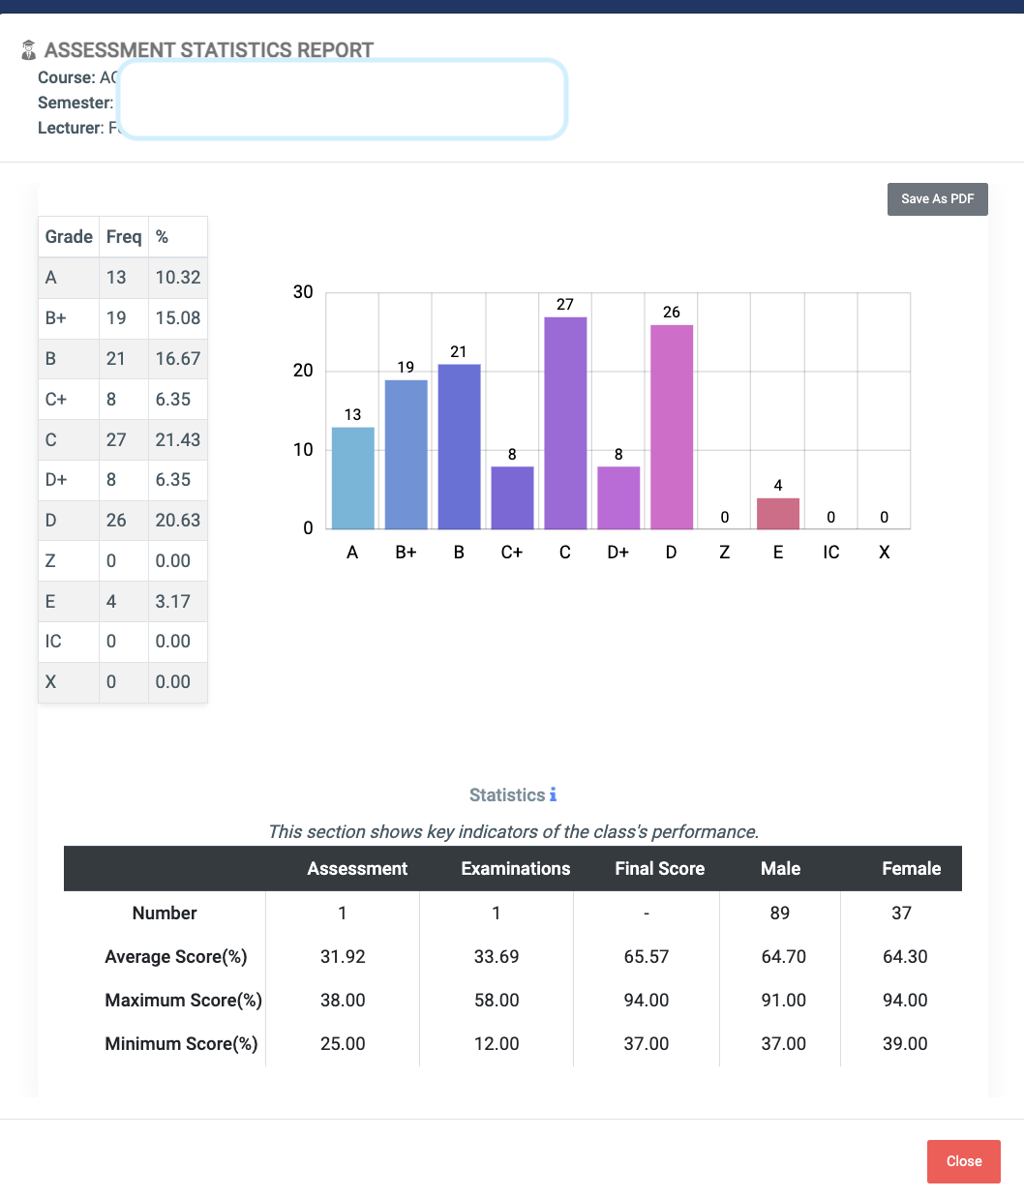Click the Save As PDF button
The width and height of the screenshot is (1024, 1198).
(937, 199)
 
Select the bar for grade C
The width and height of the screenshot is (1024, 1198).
(565, 423)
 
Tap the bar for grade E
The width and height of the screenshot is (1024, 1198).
(777, 514)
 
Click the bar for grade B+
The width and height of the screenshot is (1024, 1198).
(406, 455)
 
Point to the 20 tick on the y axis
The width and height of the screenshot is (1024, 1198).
(303, 371)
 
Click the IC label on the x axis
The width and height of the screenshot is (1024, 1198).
(830, 553)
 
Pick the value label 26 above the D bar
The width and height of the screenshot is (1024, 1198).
(671, 313)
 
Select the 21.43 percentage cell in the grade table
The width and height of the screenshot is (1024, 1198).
(178, 439)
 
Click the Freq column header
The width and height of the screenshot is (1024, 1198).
(124, 237)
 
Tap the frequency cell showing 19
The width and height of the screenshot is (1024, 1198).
(116, 318)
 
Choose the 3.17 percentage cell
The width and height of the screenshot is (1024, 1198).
(173, 601)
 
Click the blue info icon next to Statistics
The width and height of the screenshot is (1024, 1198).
(553, 794)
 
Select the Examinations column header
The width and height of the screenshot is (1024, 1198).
(515, 869)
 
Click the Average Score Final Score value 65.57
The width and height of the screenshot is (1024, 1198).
(646, 957)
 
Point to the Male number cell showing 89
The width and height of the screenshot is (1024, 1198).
(779, 913)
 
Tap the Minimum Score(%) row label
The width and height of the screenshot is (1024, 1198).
(181, 1044)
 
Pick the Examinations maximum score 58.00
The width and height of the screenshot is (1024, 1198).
(497, 1001)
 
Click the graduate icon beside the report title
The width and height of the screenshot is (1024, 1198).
(29, 50)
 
